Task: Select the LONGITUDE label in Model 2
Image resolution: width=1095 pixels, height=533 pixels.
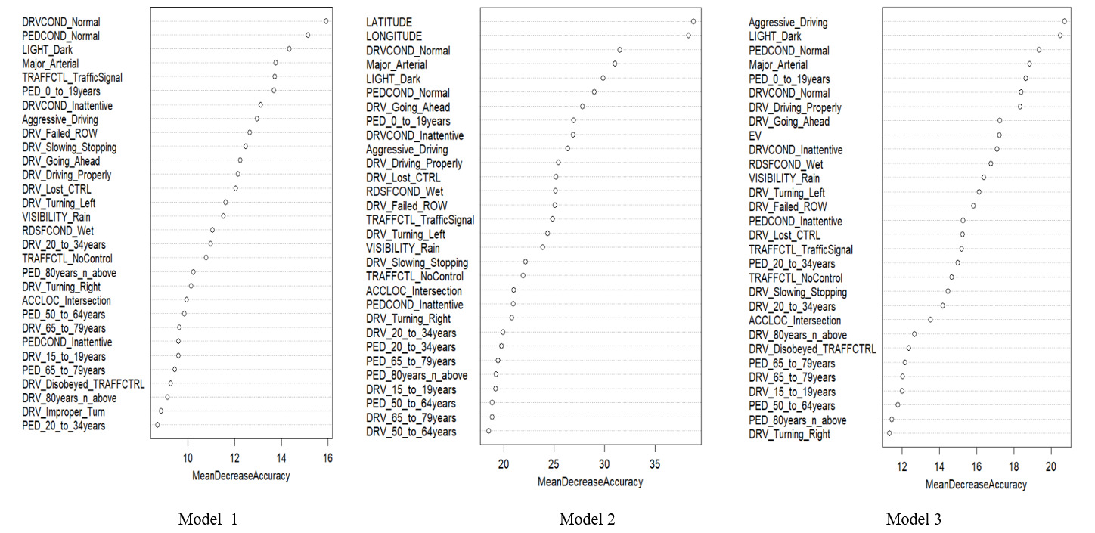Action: coord(394,36)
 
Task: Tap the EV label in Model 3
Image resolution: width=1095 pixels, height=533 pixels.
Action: coord(755,136)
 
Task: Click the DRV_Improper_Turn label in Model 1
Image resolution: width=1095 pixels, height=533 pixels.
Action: coord(64,412)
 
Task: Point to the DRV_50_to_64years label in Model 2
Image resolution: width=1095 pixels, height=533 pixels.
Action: coord(411,432)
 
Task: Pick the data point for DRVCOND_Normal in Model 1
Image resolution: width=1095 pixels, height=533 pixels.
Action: coord(326,21)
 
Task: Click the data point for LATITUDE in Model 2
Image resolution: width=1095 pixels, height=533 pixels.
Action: coord(693,21)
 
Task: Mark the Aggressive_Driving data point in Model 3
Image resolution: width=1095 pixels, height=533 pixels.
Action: coord(1064,21)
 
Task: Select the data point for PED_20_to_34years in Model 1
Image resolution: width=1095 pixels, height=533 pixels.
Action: coord(157,425)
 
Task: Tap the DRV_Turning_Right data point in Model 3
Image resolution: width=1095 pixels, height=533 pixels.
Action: coord(889,433)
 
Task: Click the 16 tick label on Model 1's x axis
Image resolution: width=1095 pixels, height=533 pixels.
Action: coord(327,458)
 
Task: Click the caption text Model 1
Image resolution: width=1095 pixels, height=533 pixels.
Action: coord(208,519)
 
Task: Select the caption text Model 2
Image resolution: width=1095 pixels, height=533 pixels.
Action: coord(587,519)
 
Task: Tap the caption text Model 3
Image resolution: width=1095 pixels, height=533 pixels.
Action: coord(914,519)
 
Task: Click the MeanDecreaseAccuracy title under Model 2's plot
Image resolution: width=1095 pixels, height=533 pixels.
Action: coord(590,482)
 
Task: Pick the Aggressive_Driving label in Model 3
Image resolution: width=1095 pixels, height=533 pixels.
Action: coord(788,23)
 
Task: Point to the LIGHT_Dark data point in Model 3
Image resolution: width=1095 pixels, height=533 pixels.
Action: coord(1060,36)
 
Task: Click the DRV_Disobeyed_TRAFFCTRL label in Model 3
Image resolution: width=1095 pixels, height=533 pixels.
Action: coord(812,349)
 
